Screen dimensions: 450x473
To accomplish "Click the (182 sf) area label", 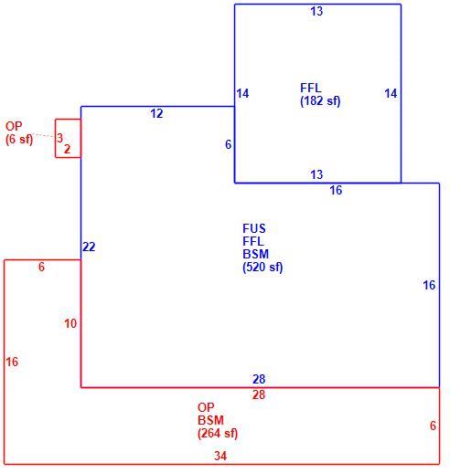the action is tap(320, 101).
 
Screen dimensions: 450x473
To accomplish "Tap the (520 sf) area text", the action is tap(262, 268).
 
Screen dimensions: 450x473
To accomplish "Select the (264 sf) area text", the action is tap(218, 433).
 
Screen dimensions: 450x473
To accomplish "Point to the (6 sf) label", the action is tap(19, 139).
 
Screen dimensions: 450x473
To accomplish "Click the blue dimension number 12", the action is tap(156, 113).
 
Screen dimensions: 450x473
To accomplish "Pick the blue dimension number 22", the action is tap(89, 247).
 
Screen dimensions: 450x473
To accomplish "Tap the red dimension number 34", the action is tap(220, 456).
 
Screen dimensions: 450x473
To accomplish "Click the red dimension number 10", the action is tap(70, 323).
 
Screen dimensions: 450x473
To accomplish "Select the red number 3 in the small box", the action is tap(59, 138).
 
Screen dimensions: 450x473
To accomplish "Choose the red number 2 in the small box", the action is tap(67, 149).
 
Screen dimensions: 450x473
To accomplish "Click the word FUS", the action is tap(254, 228).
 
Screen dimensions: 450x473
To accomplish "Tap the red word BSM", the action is tap(210, 420).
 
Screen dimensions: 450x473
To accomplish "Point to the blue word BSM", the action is tap(255, 254).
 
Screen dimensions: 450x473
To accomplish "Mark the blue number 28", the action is tap(259, 379).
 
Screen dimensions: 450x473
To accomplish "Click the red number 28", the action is tap(259, 394).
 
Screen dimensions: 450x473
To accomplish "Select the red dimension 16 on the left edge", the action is tap(12, 362).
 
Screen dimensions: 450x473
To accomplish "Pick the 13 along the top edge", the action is tap(316, 12).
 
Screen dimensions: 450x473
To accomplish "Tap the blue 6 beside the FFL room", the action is tap(228, 144).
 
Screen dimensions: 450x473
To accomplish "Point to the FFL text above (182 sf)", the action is tap(311, 88).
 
